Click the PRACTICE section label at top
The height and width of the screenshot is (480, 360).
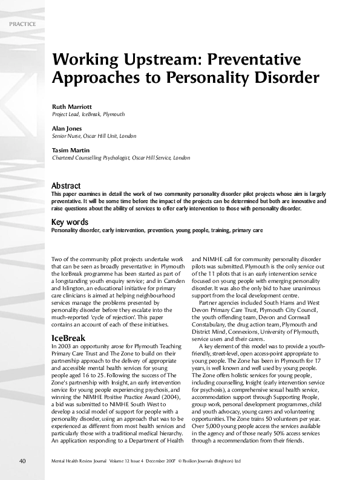click(24, 24)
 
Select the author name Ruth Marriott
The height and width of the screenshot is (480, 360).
click(71, 106)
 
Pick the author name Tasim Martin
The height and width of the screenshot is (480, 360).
click(70, 150)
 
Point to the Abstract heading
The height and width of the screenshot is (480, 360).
click(66, 186)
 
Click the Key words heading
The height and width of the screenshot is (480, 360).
click(70, 222)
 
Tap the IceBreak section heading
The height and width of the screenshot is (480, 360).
click(68, 338)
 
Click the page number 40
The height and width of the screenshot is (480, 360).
click(22, 461)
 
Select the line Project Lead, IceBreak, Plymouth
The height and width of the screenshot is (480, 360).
click(88, 114)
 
